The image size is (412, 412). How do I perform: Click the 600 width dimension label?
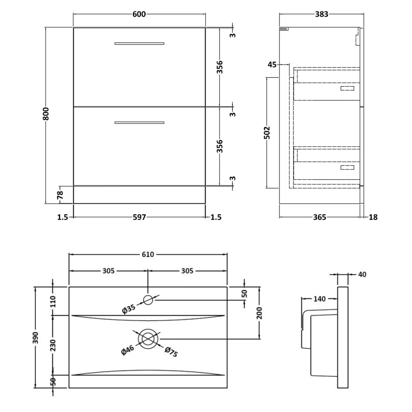[x=139, y=14]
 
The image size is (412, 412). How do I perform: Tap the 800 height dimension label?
[x=46, y=113]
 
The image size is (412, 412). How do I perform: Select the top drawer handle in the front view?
[x=139, y=44]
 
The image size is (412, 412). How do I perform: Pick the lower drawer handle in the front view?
[x=139, y=123]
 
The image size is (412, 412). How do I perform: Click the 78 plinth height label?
[x=60, y=195]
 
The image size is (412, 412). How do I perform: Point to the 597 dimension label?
[x=139, y=217]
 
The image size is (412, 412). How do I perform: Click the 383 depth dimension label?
[x=322, y=14]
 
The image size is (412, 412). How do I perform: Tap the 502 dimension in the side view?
[x=267, y=133]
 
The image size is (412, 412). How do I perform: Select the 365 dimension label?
[x=319, y=217]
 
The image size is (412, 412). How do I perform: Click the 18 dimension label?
[x=373, y=217]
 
